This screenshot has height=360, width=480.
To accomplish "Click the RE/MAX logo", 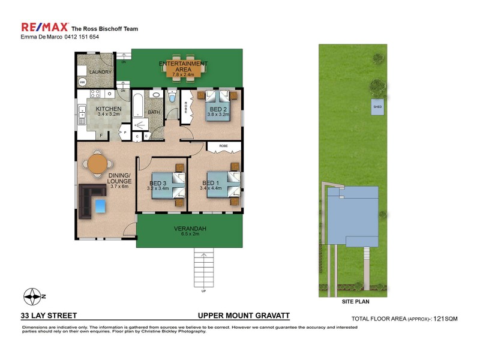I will tap(44, 27).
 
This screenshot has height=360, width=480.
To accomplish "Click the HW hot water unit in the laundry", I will tap(82, 82).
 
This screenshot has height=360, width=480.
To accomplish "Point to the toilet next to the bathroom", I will tap(172, 98).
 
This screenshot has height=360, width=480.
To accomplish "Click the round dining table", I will tap(98, 163).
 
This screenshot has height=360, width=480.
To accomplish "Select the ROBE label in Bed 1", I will tap(223, 146).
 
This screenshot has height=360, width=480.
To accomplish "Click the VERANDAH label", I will tap(190, 229).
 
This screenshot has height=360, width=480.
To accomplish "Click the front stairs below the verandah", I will tap(204, 268).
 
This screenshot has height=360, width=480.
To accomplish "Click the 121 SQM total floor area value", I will tap(445, 319).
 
